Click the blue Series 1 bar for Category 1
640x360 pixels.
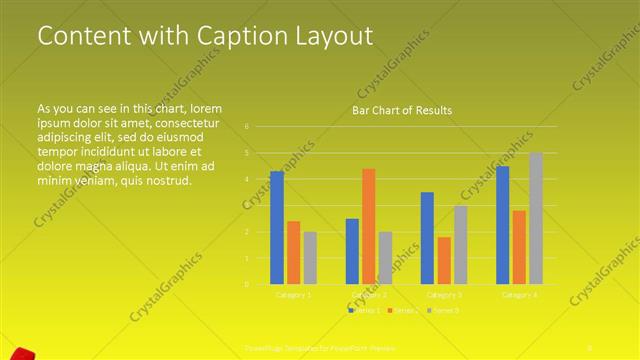click(x=277, y=228)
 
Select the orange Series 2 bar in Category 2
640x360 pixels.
click(x=369, y=227)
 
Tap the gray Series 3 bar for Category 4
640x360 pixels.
click(x=536, y=218)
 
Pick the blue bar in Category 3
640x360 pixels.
click(x=427, y=238)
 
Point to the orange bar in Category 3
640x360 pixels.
click(x=444, y=260)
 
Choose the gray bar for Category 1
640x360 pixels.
click(x=310, y=258)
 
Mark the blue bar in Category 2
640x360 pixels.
click(x=352, y=251)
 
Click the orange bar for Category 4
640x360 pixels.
click(x=519, y=247)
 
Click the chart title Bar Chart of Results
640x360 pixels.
click(x=401, y=110)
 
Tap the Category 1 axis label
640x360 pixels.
click(x=293, y=295)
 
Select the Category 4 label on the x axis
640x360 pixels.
click(x=519, y=295)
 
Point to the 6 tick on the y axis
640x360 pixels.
click(x=246, y=127)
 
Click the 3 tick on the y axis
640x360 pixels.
click(x=246, y=206)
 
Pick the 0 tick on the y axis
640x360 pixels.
click(x=246, y=284)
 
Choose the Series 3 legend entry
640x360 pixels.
click(x=445, y=311)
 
